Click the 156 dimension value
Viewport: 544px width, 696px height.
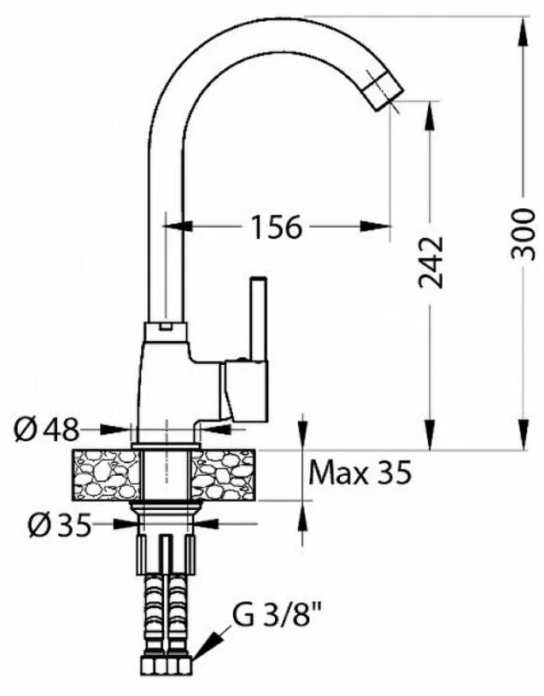tap(277, 227)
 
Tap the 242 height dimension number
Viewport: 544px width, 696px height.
tap(431, 263)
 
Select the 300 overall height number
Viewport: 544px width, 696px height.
tap(523, 234)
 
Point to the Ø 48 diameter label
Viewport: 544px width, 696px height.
tap(47, 430)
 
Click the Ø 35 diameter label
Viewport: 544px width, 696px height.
tap(60, 525)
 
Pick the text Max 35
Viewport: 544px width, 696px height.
tap(360, 473)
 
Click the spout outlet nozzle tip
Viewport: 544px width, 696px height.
tap(384, 90)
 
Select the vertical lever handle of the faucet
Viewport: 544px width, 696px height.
tap(258, 320)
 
